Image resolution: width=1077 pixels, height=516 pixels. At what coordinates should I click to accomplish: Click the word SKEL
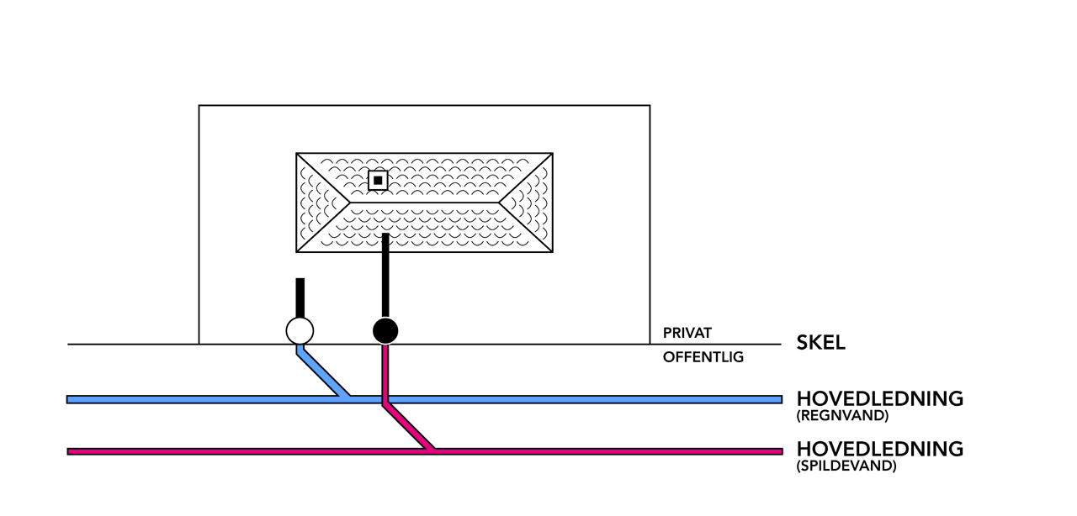(x=820, y=343)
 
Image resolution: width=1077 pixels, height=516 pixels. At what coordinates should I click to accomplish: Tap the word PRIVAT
(x=687, y=333)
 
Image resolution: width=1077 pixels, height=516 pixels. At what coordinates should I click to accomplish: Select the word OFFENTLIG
(x=703, y=357)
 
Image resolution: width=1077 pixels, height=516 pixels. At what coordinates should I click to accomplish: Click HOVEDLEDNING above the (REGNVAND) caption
(x=879, y=398)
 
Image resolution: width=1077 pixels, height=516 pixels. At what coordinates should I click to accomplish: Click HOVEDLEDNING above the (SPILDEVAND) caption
(x=879, y=449)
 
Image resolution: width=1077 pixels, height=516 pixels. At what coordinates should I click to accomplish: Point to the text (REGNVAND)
(x=841, y=415)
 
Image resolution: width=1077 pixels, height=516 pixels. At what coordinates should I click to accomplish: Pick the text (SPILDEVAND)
(x=846, y=466)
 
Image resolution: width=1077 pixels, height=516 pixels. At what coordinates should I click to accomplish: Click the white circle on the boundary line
(x=300, y=331)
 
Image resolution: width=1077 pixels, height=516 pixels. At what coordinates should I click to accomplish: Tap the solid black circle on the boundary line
(x=385, y=331)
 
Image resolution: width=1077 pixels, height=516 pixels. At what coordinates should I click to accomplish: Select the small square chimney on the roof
(x=379, y=180)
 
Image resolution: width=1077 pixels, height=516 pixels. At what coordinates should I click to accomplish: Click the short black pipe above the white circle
(x=300, y=297)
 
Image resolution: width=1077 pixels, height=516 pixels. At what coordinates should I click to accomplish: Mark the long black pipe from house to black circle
(x=385, y=277)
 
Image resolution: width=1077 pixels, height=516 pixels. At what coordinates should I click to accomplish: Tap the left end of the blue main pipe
(x=71, y=399)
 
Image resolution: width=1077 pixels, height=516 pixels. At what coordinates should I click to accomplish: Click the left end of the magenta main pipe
(x=71, y=451)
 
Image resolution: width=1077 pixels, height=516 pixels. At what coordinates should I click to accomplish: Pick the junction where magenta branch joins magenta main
(x=432, y=450)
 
